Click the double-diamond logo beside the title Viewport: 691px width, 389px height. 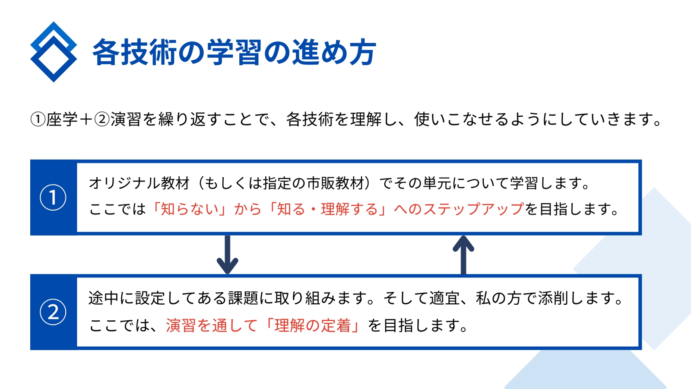(x=54, y=52)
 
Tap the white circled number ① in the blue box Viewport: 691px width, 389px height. (x=53, y=197)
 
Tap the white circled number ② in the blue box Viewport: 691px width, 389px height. (x=53, y=312)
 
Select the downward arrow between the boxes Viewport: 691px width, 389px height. (x=227, y=255)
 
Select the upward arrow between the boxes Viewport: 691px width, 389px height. (x=463, y=255)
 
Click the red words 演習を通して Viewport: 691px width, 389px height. (x=211, y=325)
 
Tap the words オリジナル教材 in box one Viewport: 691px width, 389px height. (x=139, y=183)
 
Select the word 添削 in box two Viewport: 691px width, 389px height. (x=553, y=298)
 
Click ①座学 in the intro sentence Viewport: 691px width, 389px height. (x=54, y=119)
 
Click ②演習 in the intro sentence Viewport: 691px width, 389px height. (x=117, y=119)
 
